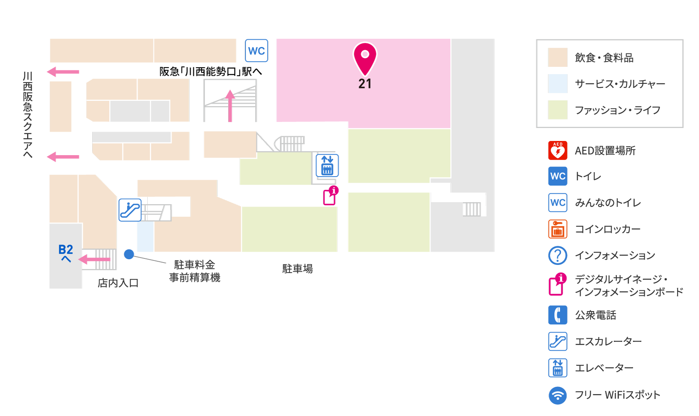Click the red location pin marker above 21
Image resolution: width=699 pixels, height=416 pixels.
365,58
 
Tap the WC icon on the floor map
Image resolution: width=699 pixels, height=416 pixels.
257,51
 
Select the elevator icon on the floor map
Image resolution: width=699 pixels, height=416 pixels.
327,165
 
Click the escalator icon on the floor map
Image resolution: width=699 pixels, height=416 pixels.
130,210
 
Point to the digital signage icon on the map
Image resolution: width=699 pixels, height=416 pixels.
331,196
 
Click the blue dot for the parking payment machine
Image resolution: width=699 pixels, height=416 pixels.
129,254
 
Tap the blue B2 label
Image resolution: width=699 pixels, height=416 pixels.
66,249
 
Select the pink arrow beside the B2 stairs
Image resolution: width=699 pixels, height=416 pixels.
94,259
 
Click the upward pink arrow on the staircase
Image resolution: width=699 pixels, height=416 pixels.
230,106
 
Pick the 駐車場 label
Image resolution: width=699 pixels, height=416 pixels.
297,269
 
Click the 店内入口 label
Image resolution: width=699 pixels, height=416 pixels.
118,283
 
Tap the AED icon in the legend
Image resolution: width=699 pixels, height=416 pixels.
558,150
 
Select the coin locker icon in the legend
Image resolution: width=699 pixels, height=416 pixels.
558,229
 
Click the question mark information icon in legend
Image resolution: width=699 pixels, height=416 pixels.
558,255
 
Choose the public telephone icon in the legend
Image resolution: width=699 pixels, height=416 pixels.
558,315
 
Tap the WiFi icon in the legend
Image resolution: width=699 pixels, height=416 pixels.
558,395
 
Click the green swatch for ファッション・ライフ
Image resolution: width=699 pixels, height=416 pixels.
558,110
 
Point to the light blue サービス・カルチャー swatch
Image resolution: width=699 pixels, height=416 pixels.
558,83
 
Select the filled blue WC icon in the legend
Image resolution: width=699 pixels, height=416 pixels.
558,176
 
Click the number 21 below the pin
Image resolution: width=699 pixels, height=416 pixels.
365,84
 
